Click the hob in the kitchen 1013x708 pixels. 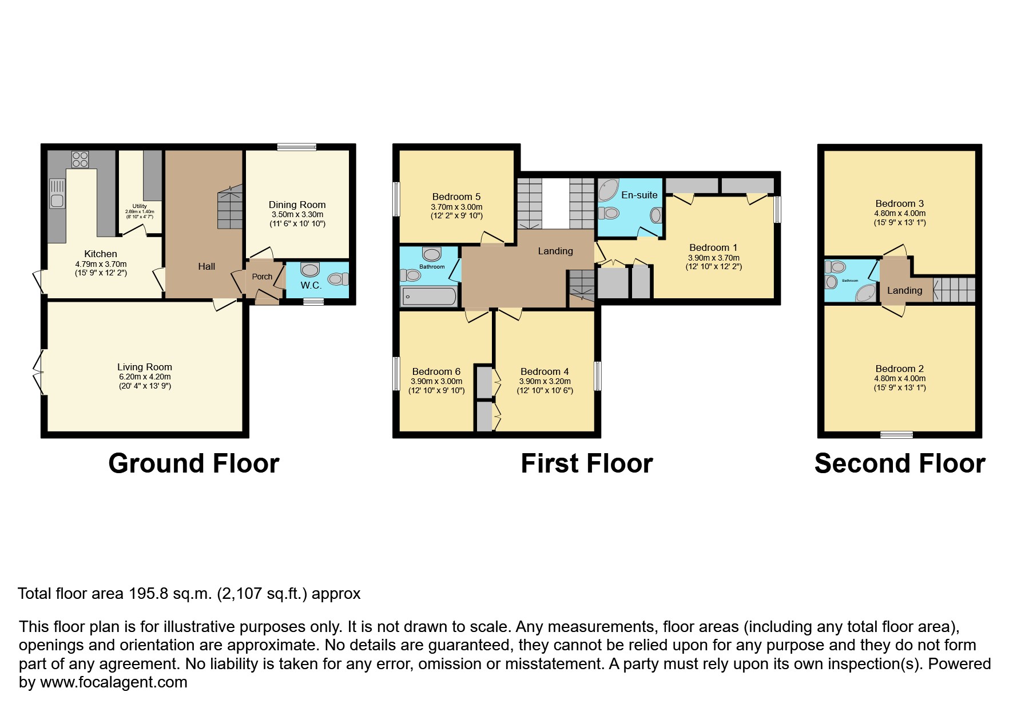click(80, 159)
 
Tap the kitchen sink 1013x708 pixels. click(57, 194)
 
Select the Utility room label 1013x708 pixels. click(140, 206)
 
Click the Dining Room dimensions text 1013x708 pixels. click(297, 219)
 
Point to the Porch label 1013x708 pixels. click(263, 277)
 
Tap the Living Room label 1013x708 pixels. click(145, 367)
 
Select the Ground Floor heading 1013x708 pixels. click(193, 463)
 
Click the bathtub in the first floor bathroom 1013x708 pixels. click(429, 296)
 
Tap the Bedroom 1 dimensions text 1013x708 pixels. click(713, 262)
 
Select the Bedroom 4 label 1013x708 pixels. click(545, 371)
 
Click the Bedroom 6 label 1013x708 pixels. click(436, 371)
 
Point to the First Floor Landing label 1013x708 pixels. click(555, 251)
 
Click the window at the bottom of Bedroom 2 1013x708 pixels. click(896, 435)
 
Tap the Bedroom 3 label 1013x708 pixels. click(899, 203)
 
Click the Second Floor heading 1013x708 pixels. click(899, 463)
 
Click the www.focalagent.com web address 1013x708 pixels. click(114, 682)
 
